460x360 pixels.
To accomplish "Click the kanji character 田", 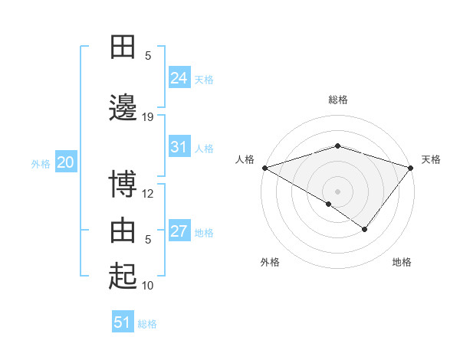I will (x=123, y=47).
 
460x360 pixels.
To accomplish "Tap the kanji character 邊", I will (x=123, y=108).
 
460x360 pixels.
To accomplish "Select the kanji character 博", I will (x=123, y=185).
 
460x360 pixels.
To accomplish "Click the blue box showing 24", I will (x=179, y=78).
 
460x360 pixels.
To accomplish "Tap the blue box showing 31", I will (x=179, y=147).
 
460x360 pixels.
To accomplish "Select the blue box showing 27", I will (x=179, y=231).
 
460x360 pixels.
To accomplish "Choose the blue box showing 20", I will (x=65, y=162).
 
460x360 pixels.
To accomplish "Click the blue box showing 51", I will (x=123, y=322).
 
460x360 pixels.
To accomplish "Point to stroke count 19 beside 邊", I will (x=148, y=117).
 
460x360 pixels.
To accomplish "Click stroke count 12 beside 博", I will (x=148, y=194).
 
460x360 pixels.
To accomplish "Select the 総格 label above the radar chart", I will (x=337, y=100).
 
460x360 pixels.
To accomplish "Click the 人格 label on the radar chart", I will (x=245, y=159).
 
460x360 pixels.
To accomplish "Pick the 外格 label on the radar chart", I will (x=269, y=262).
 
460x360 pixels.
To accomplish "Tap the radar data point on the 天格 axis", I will (x=411, y=168).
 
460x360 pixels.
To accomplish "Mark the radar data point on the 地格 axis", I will (x=365, y=229).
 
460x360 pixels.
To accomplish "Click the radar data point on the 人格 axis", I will (x=264, y=168).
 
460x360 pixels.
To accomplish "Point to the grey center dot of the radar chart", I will (x=337, y=191).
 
